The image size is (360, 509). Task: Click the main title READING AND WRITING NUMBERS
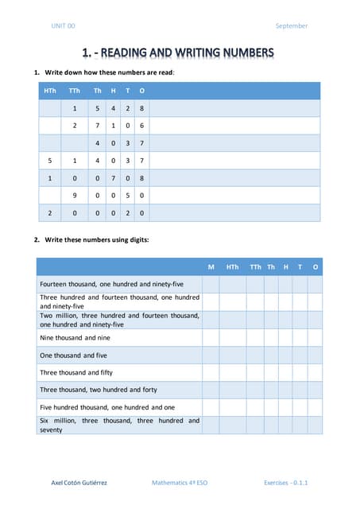[179, 53]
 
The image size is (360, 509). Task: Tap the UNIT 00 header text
[63, 26]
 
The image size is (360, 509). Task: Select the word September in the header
[291, 26]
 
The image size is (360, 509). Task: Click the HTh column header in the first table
[50, 91]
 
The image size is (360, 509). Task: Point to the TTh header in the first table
[74, 91]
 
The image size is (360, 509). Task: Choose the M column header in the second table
[211, 267]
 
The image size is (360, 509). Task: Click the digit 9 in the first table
[74, 196]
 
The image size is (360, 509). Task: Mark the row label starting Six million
[119, 425]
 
